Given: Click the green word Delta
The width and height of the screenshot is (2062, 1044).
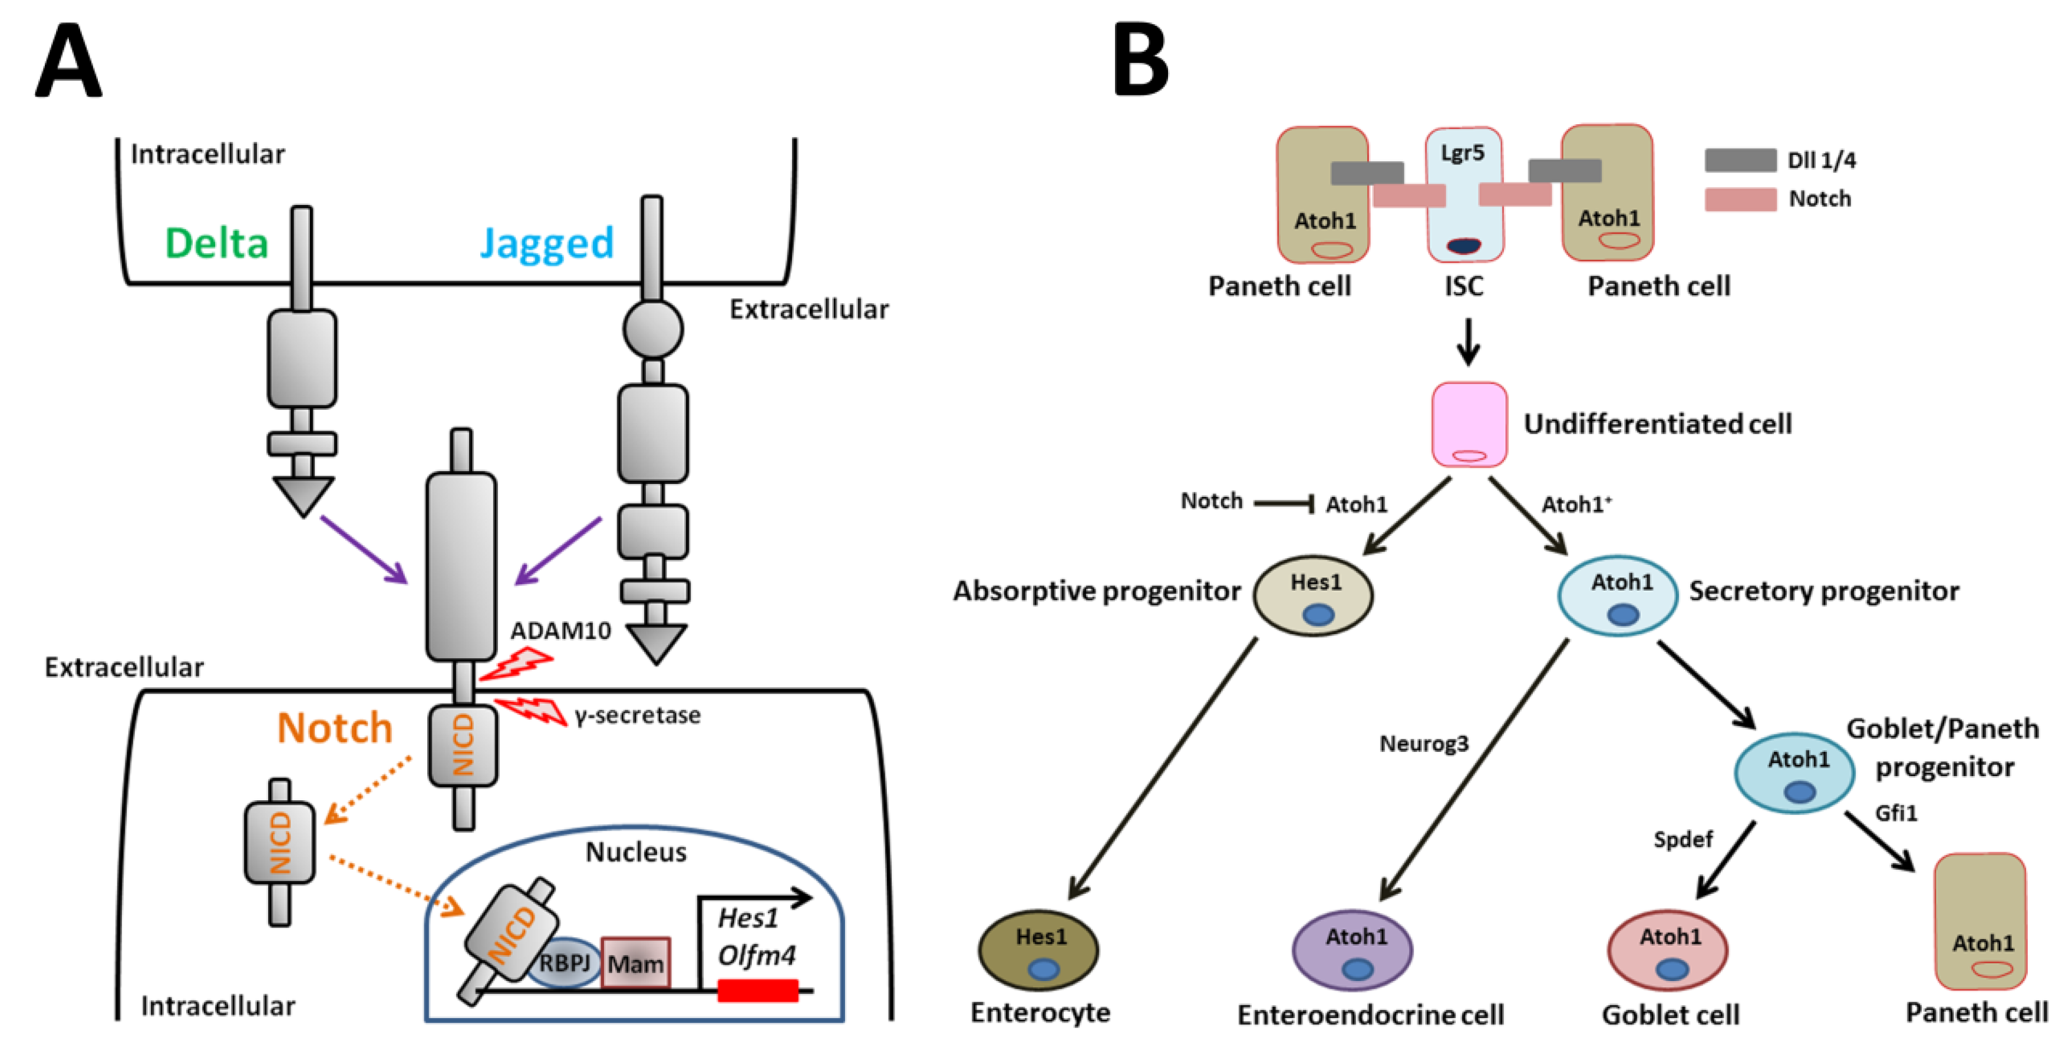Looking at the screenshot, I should click(x=216, y=243).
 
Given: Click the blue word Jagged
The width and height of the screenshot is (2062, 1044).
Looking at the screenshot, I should click(x=547, y=243).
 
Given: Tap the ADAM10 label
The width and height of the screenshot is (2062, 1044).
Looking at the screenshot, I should click(x=560, y=631).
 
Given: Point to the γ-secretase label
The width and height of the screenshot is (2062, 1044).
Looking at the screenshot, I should click(x=637, y=715).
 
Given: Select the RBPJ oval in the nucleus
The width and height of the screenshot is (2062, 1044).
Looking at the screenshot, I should click(x=565, y=962).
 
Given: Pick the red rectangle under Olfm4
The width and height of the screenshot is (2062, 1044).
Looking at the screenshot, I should click(x=757, y=990).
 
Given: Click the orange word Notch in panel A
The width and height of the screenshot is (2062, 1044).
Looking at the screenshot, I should click(x=335, y=728).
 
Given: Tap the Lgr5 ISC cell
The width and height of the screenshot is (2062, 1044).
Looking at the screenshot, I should click(x=1463, y=194).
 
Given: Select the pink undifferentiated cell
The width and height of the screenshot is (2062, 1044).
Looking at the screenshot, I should click(x=1469, y=424).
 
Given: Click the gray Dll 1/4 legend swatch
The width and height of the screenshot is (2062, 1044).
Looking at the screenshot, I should click(x=1740, y=160).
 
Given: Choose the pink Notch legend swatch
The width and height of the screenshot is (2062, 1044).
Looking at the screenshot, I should click(x=1740, y=199).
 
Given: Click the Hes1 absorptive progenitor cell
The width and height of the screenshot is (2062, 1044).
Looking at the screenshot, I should click(x=1314, y=596).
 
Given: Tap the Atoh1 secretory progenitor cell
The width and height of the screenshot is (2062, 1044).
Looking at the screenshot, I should click(x=1618, y=596).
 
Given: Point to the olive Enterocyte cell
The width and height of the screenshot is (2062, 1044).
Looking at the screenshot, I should click(x=1038, y=950).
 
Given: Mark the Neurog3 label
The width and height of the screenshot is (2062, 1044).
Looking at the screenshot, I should click(x=1424, y=744).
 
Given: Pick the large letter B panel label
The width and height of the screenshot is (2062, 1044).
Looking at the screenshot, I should click(x=1141, y=60).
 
